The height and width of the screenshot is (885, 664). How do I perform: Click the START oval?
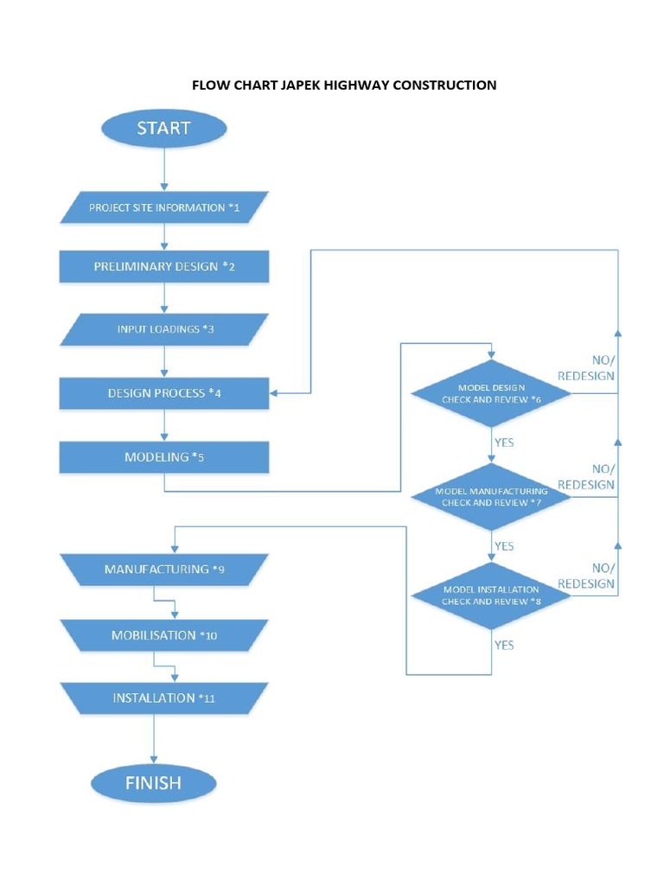tap(163, 129)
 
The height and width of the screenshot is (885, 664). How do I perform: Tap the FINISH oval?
tap(153, 784)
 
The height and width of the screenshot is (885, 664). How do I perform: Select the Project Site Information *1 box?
tap(163, 208)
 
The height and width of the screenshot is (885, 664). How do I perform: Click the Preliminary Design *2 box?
tap(163, 267)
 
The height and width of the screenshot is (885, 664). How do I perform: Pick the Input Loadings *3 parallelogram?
tap(163, 329)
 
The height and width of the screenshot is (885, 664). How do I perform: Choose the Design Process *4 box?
tap(163, 393)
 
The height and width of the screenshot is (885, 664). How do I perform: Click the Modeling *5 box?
tap(163, 457)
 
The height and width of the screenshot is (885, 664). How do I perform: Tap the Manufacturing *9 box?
tap(163, 570)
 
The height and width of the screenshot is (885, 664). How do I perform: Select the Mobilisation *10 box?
tap(163, 635)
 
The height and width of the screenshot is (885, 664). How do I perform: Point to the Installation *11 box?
tap(163, 698)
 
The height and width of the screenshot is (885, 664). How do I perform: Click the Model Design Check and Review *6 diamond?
tap(491, 393)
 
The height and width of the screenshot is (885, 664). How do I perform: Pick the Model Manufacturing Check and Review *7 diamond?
tap(491, 496)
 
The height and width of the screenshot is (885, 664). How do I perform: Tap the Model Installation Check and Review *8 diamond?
tap(491, 595)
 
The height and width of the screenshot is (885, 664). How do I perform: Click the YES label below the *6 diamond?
tap(503, 442)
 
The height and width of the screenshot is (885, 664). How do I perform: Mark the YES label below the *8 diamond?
tap(503, 645)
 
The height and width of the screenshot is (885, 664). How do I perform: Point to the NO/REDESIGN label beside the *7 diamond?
tap(586, 477)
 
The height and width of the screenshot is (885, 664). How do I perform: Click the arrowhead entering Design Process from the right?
tap(274, 393)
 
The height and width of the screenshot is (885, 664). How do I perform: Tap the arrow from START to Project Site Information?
tap(163, 169)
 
